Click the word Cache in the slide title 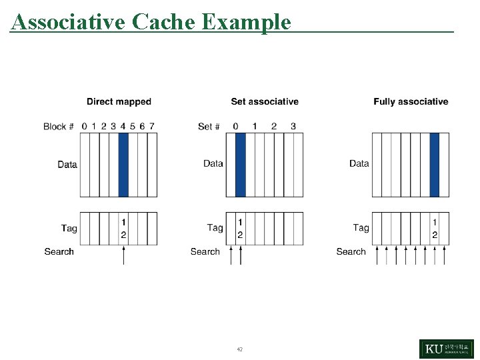coord(163,22)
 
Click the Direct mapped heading coord(119,102)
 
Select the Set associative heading coord(265,102)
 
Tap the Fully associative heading coord(411,102)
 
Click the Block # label coord(58,126)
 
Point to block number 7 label coord(152,126)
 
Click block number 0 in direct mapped coord(84,126)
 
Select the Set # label coord(209,126)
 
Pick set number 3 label coord(293,126)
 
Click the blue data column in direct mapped coord(123,165)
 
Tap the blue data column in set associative coord(241,165)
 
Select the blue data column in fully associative coord(435,165)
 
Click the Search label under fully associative coord(351,251)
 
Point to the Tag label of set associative coord(215,228)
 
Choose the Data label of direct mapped coord(67,164)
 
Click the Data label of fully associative coord(359,163)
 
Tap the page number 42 coord(239,349)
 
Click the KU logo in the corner coord(447,349)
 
